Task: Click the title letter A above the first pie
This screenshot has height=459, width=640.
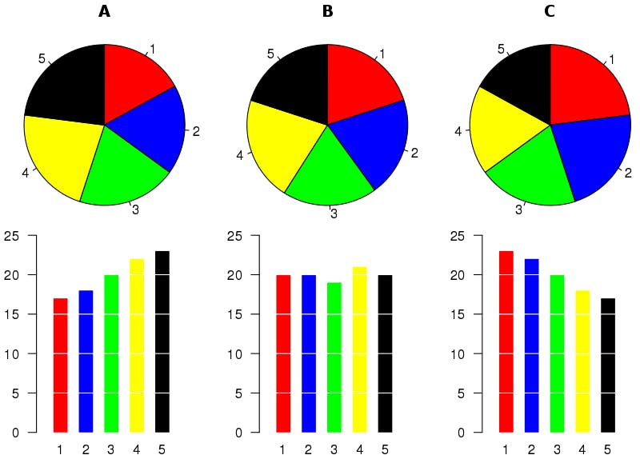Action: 105,11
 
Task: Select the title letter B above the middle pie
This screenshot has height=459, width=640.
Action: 327,11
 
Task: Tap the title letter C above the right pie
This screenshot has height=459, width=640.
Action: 550,11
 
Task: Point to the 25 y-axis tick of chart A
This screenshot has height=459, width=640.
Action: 10,236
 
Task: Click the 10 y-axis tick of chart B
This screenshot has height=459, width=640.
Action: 233,354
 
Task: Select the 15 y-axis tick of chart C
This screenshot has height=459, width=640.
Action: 455,314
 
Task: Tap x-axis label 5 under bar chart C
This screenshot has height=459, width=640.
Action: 607,449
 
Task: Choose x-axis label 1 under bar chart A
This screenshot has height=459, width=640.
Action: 60,449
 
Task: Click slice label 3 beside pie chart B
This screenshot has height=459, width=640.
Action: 333,214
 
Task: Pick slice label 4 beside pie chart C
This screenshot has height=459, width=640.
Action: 459,130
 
